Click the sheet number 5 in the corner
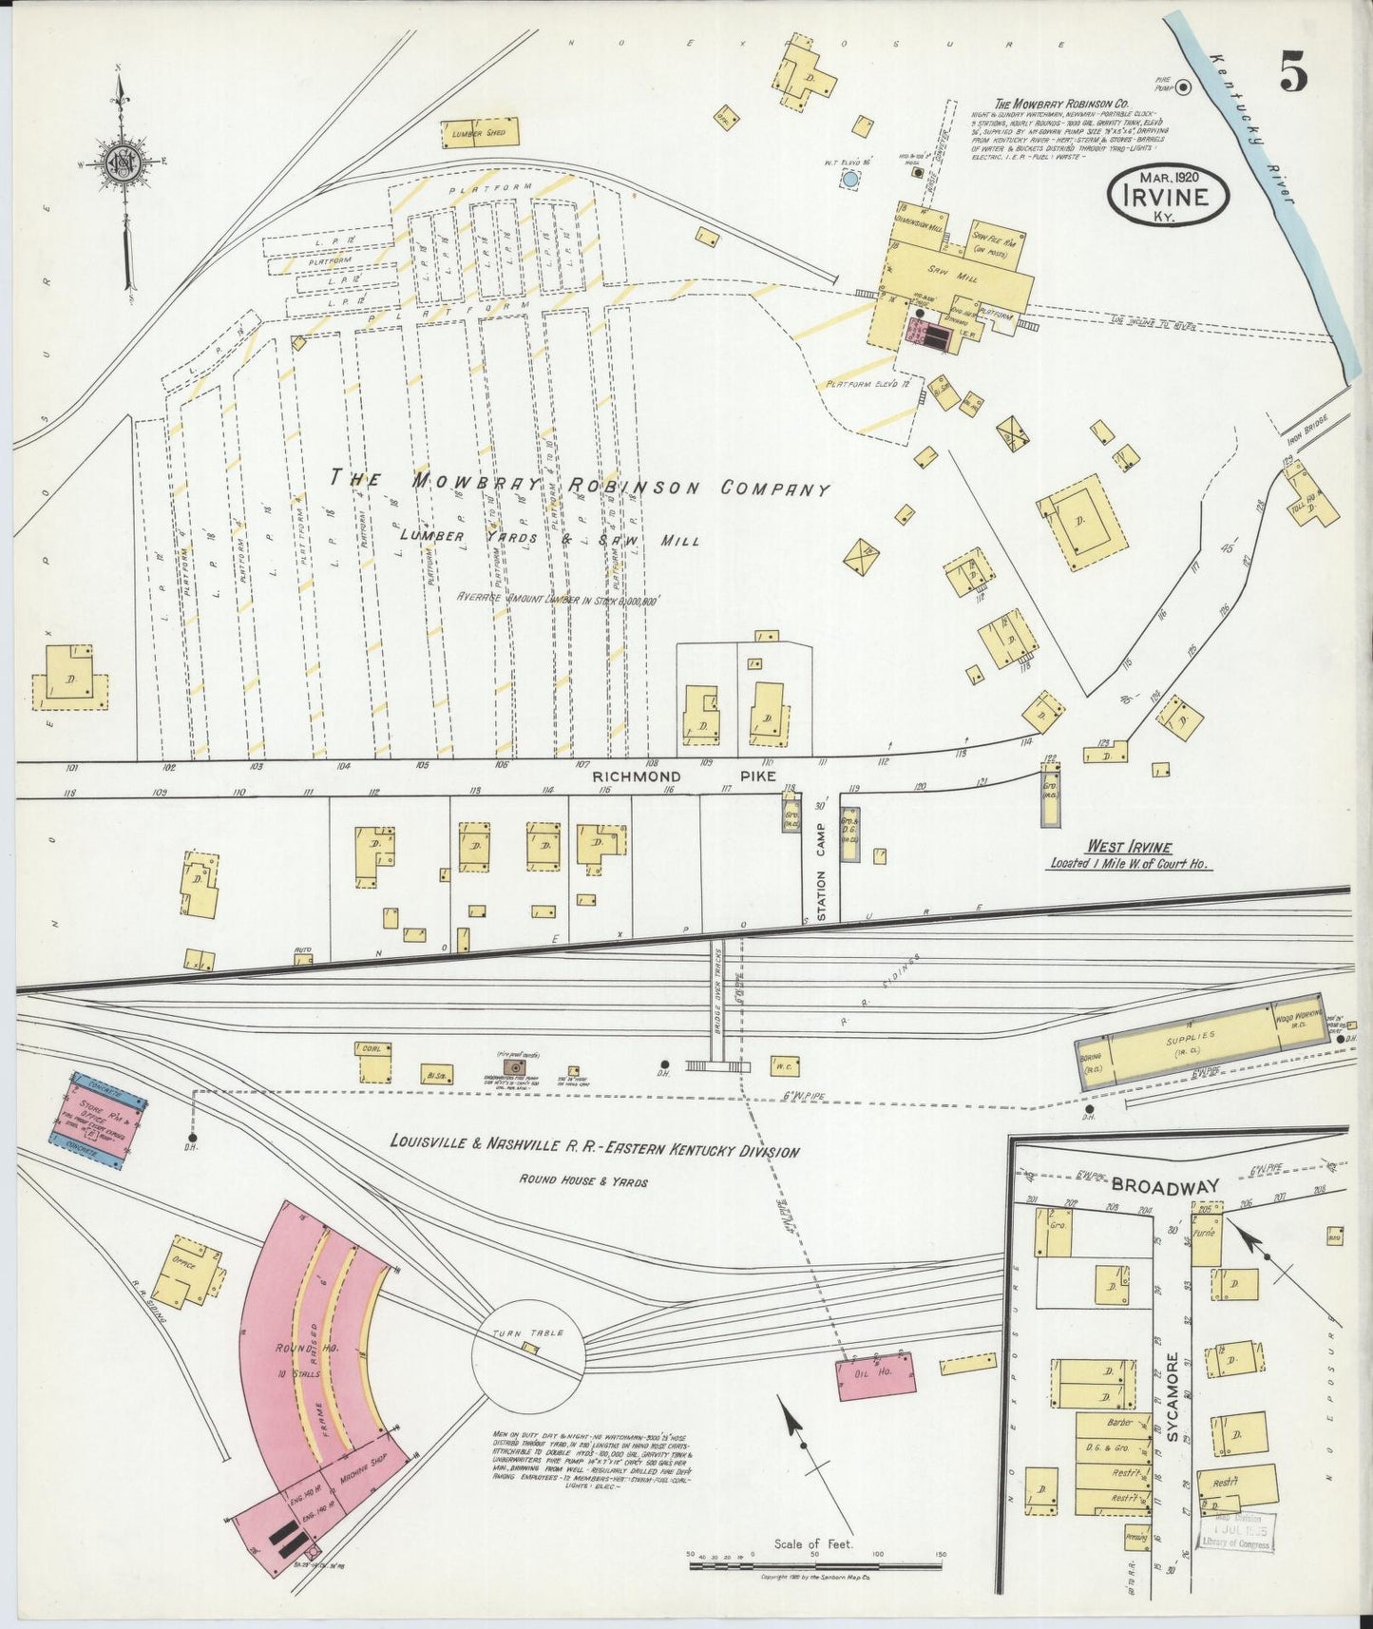pyautogui.click(x=1293, y=72)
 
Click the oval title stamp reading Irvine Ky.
pyautogui.click(x=1168, y=197)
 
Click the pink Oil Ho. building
pyautogui.click(x=877, y=1376)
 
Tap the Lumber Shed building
pyautogui.click(x=481, y=133)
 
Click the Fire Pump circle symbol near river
pyautogui.click(x=1183, y=88)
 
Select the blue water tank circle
pyautogui.click(x=851, y=179)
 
